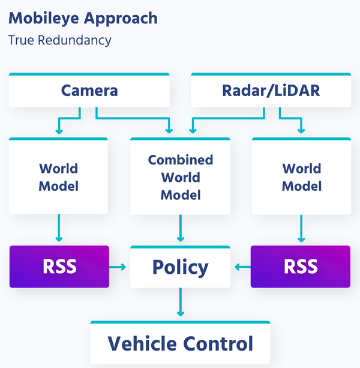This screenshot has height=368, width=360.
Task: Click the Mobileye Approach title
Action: (x=83, y=18)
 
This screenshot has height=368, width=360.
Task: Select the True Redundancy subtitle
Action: (x=59, y=40)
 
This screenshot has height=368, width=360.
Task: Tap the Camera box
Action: (x=89, y=91)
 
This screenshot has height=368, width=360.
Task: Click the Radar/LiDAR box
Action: (x=271, y=91)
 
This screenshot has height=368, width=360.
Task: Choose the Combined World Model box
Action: (x=180, y=177)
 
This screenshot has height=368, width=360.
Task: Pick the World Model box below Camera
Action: (x=58, y=177)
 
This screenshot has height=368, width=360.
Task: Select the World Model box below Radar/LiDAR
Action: (x=301, y=177)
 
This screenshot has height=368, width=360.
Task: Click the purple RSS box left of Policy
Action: (x=59, y=267)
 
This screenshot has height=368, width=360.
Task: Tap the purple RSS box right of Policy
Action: (x=301, y=267)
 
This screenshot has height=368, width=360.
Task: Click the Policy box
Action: (x=180, y=267)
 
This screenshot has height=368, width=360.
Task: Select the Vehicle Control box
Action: (x=180, y=343)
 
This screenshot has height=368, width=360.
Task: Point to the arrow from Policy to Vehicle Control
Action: (x=180, y=303)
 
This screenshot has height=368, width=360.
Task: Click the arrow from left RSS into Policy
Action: (x=119, y=267)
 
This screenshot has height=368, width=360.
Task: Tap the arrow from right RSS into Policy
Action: (x=241, y=267)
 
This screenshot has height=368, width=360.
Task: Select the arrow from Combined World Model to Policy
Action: (x=180, y=228)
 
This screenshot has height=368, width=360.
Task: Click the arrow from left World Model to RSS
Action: (x=59, y=228)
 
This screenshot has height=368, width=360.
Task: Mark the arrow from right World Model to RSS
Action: (x=301, y=228)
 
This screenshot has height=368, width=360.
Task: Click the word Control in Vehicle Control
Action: (x=218, y=343)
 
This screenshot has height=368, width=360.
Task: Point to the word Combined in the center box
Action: (x=180, y=160)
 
